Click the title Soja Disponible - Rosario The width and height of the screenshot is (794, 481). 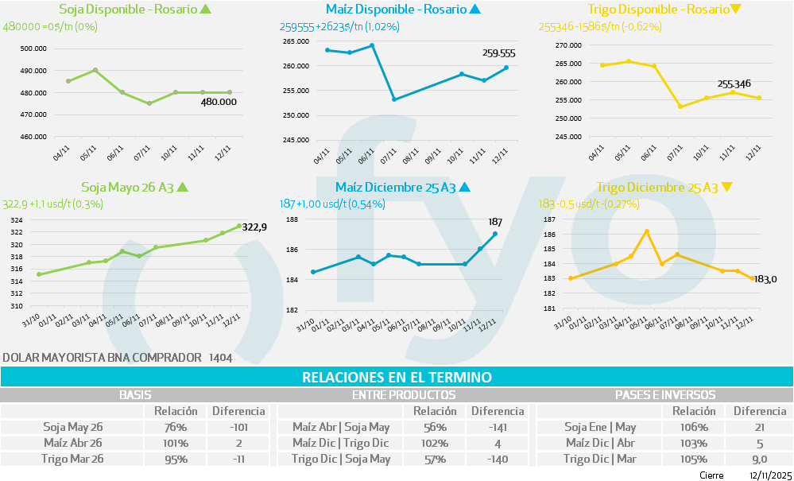(128, 10)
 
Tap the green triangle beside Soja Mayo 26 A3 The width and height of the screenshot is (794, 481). (182, 188)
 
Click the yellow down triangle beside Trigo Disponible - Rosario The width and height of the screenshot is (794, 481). (735, 10)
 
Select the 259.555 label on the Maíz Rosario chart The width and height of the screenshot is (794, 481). (498, 53)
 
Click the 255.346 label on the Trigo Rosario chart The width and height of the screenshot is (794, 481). (734, 83)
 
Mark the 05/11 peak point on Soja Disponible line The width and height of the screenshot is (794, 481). (95, 70)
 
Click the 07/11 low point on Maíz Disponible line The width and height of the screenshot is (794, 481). (395, 99)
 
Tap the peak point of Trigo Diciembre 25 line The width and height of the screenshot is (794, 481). (647, 231)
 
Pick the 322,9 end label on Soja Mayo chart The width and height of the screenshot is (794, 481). (254, 227)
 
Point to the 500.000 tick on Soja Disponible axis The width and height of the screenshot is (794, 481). (33, 48)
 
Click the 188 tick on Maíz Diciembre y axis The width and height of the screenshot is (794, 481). (292, 219)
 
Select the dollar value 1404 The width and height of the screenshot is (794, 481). (220, 358)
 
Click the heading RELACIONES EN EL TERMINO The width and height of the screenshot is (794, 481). (397, 377)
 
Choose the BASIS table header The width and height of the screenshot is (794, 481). (135, 394)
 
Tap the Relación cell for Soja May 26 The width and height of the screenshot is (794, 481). (170, 427)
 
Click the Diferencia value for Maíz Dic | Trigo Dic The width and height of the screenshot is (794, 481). (497, 443)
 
